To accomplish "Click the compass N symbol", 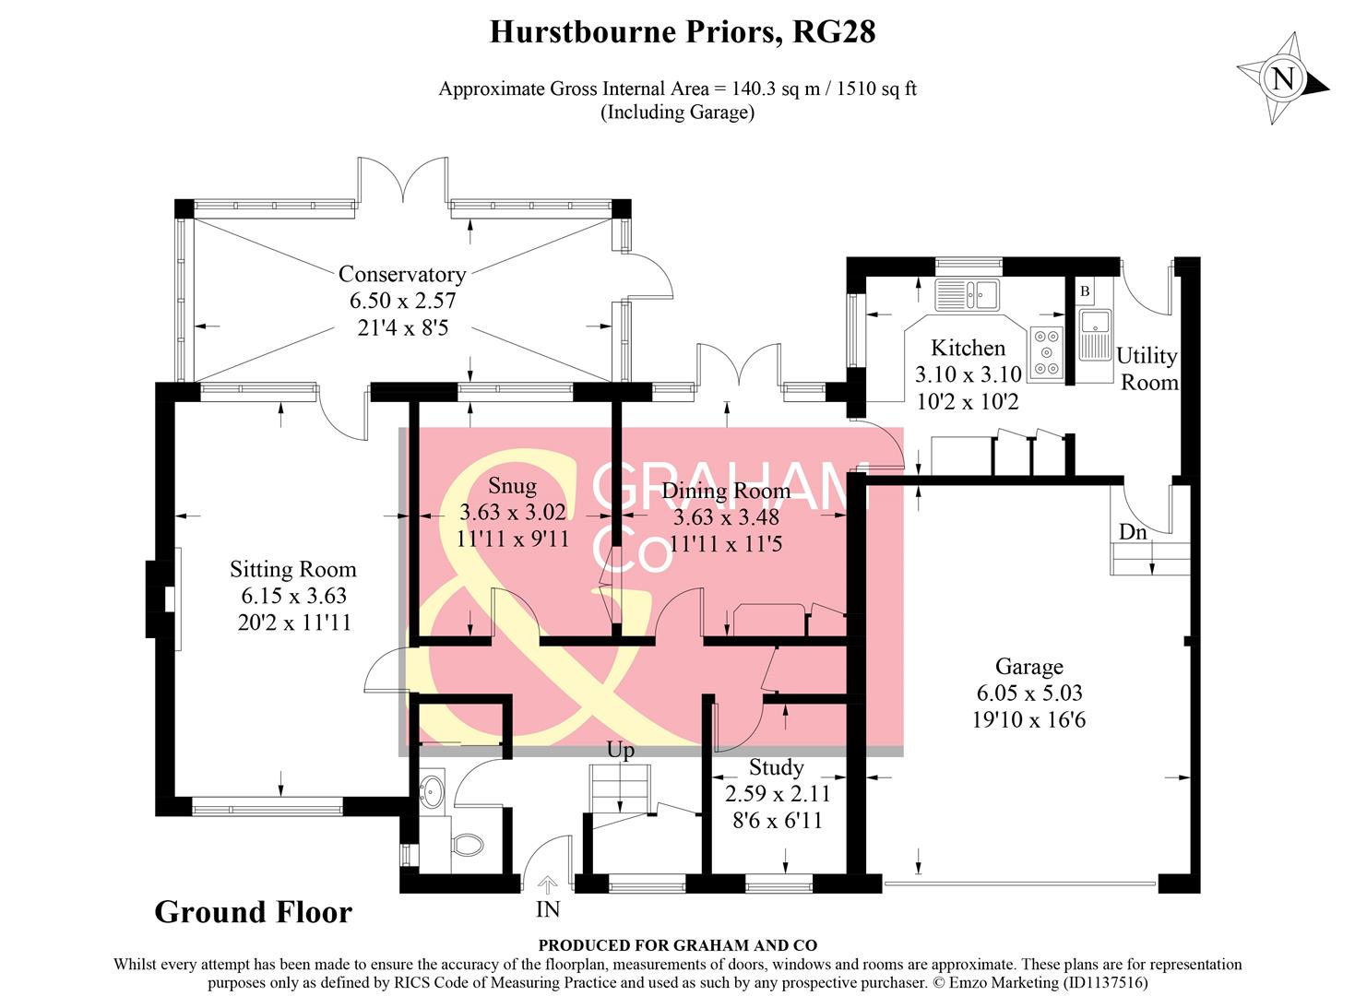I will pyautogui.click(x=1283, y=78).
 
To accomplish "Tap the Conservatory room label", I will pyautogui.click(x=401, y=274).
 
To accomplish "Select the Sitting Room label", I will pyautogui.click(x=292, y=569).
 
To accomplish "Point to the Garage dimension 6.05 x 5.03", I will pyautogui.click(x=1028, y=693).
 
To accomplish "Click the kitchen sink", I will pyautogui.click(x=967, y=295).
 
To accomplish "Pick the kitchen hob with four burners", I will pyautogui.click(x=1047, y=352).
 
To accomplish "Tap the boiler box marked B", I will pyautogui.click(x=1085, y=291).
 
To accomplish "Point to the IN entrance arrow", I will pyautogui.click(x=547, y=887).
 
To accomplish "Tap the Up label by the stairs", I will pyautogui.click(x=620, y=750).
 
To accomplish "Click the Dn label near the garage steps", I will pyautogui.click(x=1132, y=532).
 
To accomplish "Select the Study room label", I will pyautogui.click(x=776, y=767).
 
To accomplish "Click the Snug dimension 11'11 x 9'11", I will pyautogui.click(x=512, y=539).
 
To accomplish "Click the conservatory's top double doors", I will pyautogui.click(x=403, y=181).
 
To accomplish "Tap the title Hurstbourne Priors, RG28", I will pyautogui.click(x=682, y=32).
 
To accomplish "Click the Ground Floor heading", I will pyautogui.click(x=253, y=912).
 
